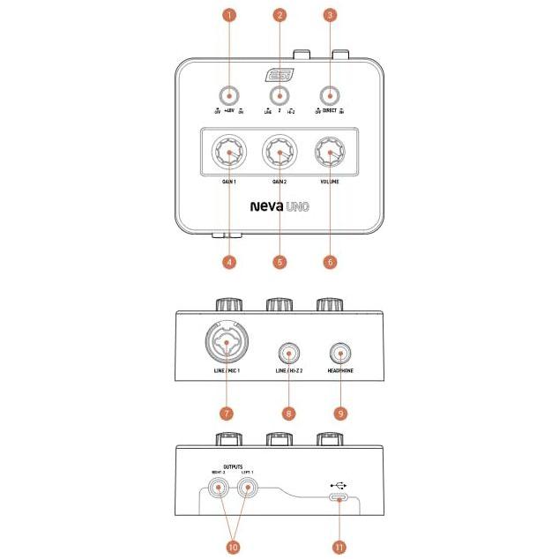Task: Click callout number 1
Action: (229, 16)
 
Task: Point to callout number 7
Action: (229, 413)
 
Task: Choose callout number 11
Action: (339, 547)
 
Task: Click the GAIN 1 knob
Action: (229, 154)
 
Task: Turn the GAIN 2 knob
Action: (279, 154)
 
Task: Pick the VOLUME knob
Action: (330, 154)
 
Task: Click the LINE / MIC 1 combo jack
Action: (229, 346)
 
